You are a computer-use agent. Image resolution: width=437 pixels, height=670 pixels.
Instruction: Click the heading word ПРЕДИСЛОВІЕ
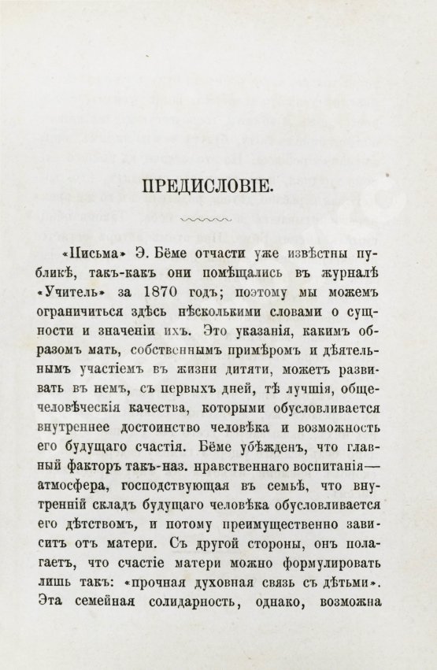point(207,187)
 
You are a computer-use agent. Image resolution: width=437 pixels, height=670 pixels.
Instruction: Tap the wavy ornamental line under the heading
point(207,220)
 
